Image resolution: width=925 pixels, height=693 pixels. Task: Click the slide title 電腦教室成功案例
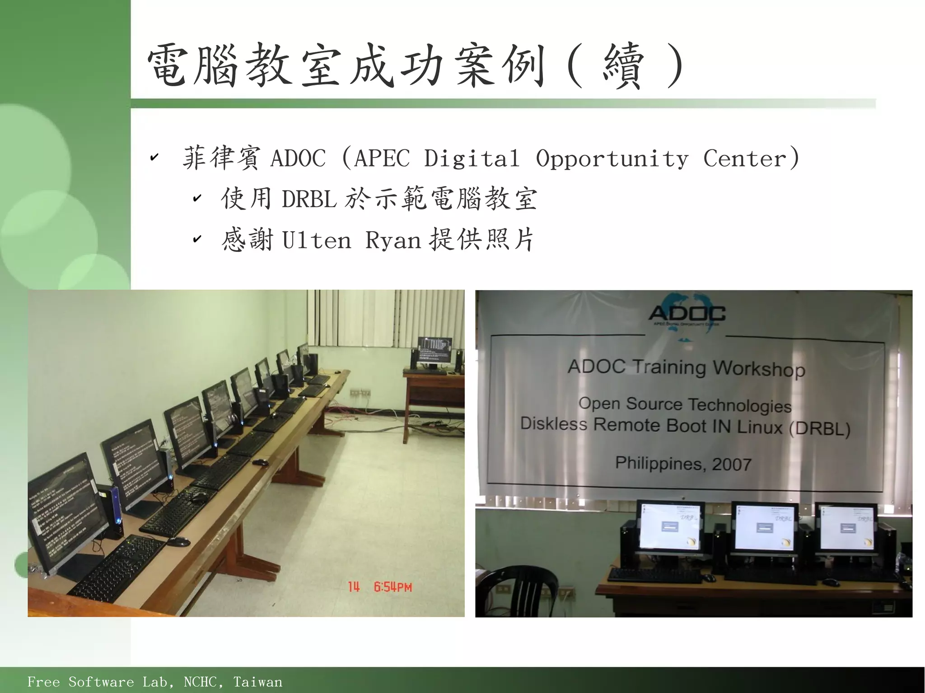[346, 65]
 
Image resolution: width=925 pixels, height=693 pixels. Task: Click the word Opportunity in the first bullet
[612, 158]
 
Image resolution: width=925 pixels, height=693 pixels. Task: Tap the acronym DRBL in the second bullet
[309, 199]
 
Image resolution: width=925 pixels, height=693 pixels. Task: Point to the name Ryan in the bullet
[393, 240]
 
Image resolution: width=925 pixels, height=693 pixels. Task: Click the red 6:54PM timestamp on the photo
[392, 587]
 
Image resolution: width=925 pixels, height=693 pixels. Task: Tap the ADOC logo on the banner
[687, 313]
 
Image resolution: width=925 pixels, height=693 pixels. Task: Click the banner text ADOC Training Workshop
[686, 367]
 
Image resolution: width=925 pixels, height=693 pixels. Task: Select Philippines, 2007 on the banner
[683, 464]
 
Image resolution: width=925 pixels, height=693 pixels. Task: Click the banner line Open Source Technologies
[685, 405]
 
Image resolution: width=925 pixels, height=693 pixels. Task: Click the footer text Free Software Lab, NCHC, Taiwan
[154, 682]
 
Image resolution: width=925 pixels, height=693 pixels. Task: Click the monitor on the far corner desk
[434, 351]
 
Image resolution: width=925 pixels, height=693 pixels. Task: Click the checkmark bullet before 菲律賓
[154, 158]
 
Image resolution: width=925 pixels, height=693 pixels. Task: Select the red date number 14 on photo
[354, 587]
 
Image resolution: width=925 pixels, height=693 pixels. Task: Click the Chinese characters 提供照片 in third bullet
[481, 240]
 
